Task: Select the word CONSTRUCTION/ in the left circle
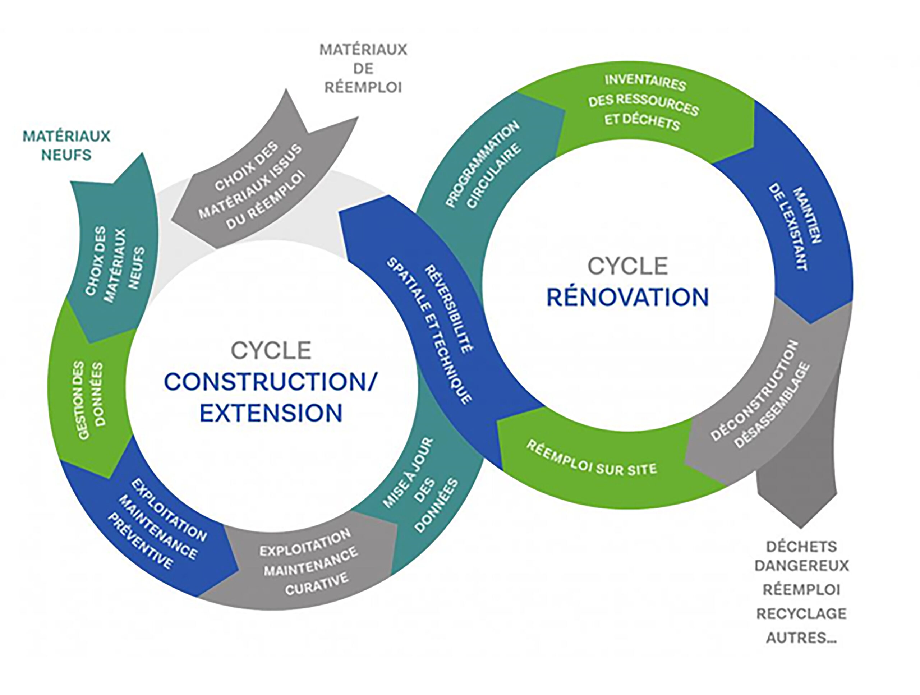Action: point(270,381)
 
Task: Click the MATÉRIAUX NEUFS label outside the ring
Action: point(66,145)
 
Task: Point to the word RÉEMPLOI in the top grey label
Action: point(363,87)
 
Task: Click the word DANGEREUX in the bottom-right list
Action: point(801,566)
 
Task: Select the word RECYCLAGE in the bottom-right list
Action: point(801,613)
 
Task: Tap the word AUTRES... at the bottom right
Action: point(801,638)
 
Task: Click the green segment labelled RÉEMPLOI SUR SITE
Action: point(590,460)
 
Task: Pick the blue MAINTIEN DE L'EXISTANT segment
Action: point(794,229)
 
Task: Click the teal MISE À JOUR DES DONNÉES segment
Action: point(420,487)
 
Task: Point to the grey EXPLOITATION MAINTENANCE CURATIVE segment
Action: point(308,561)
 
